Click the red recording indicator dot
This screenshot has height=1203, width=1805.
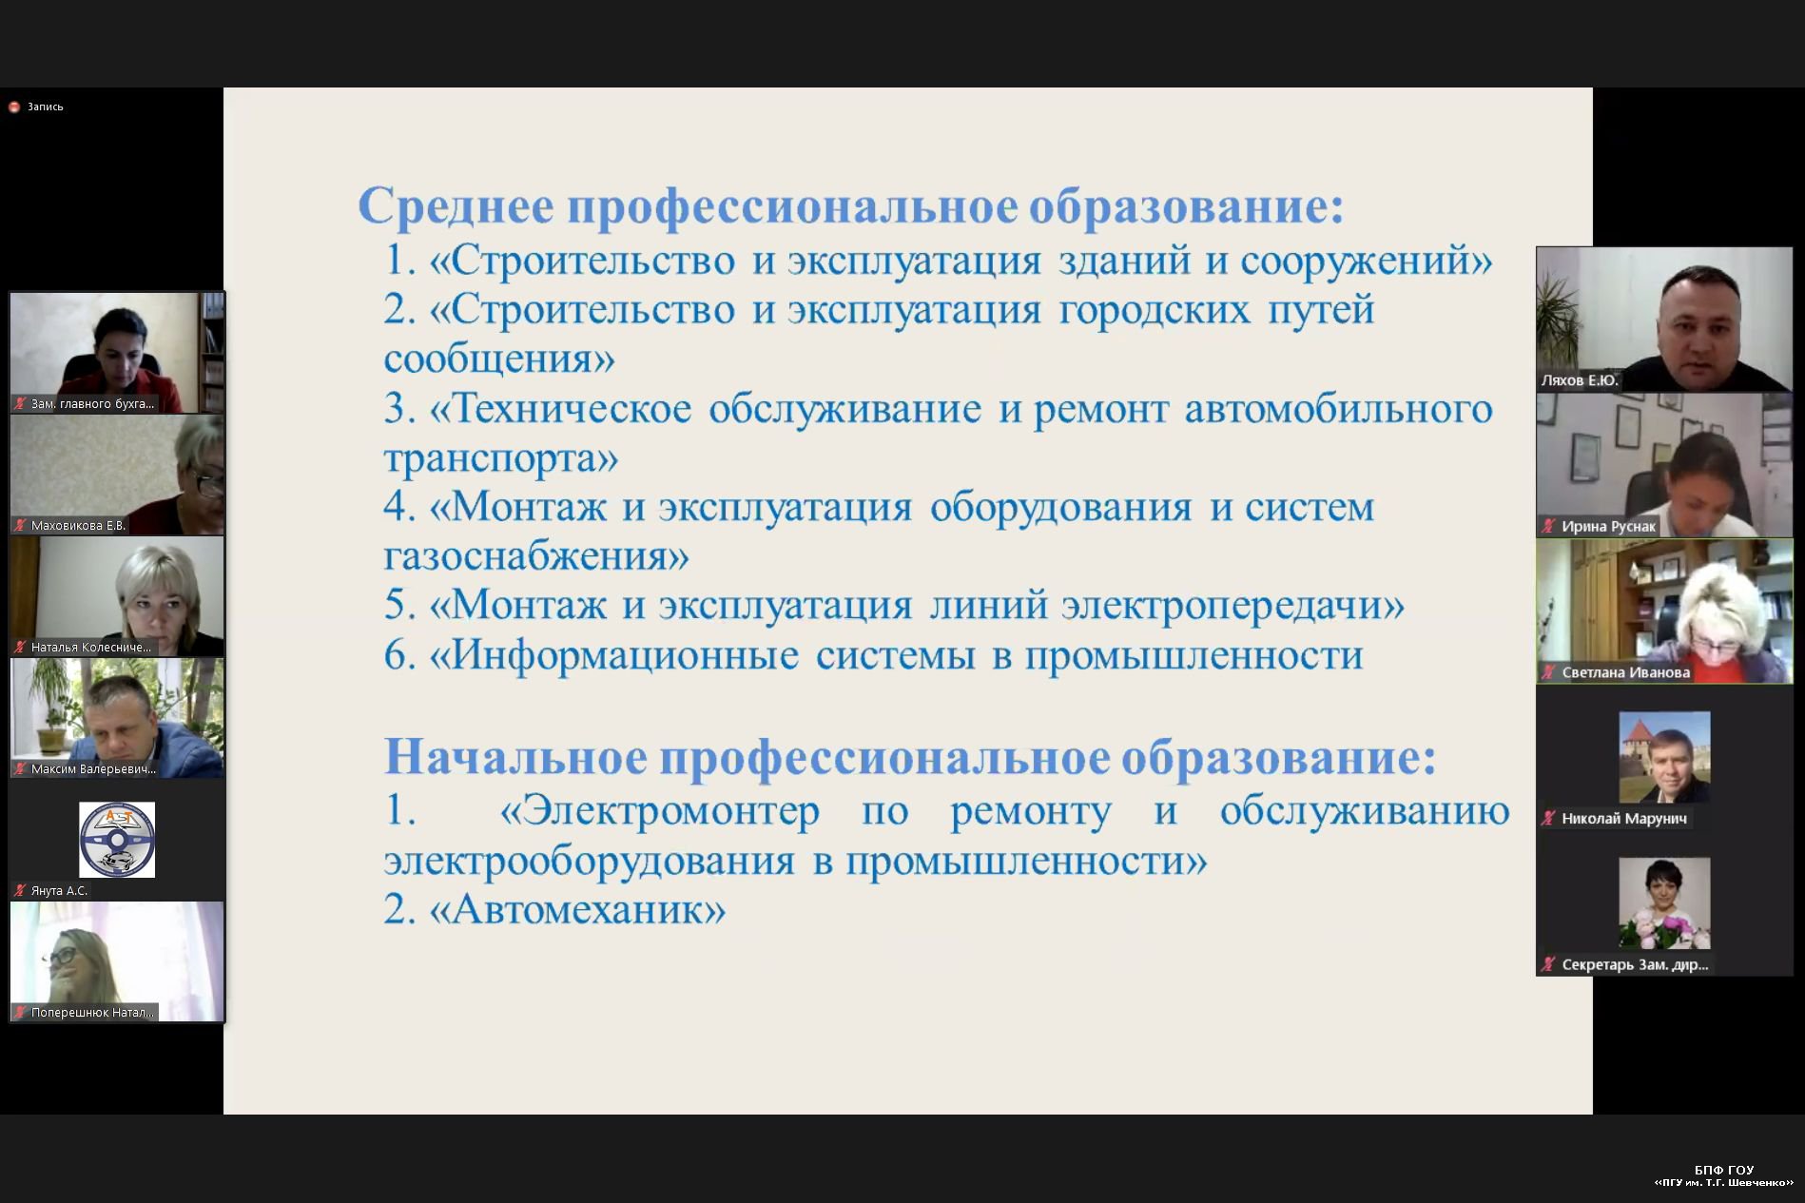(x=14, y=107)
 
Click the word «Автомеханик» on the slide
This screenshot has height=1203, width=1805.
(x=577, y=910)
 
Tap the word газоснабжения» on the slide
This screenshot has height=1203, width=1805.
(x=536, y=556)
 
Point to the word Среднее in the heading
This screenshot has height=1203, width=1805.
(x=456, y=205)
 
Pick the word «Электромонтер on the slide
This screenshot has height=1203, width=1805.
(x=660, y=811)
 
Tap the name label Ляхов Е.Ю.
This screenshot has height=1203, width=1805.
(x=1580, y=380)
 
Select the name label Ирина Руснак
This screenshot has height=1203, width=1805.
(x=1608, y=526)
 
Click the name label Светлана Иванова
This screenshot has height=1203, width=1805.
(x=1625, y=672)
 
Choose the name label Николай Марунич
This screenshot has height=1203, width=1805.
(x=1624, y=818)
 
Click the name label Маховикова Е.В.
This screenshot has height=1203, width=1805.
(x=78, y=525)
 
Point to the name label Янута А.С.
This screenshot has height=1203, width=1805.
(x=59, y=890)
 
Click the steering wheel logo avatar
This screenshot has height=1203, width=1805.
(x=117, y=839)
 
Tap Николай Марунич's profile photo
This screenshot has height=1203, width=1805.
(x=1664, y=757)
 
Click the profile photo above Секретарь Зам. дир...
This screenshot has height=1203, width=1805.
(x=1664, y=902)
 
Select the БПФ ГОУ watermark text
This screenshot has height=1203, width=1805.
(x=1724, y=1170)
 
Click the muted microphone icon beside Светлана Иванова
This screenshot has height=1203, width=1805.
(x=1548, y=672)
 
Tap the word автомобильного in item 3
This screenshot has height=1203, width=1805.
(x=1338, y=409)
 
